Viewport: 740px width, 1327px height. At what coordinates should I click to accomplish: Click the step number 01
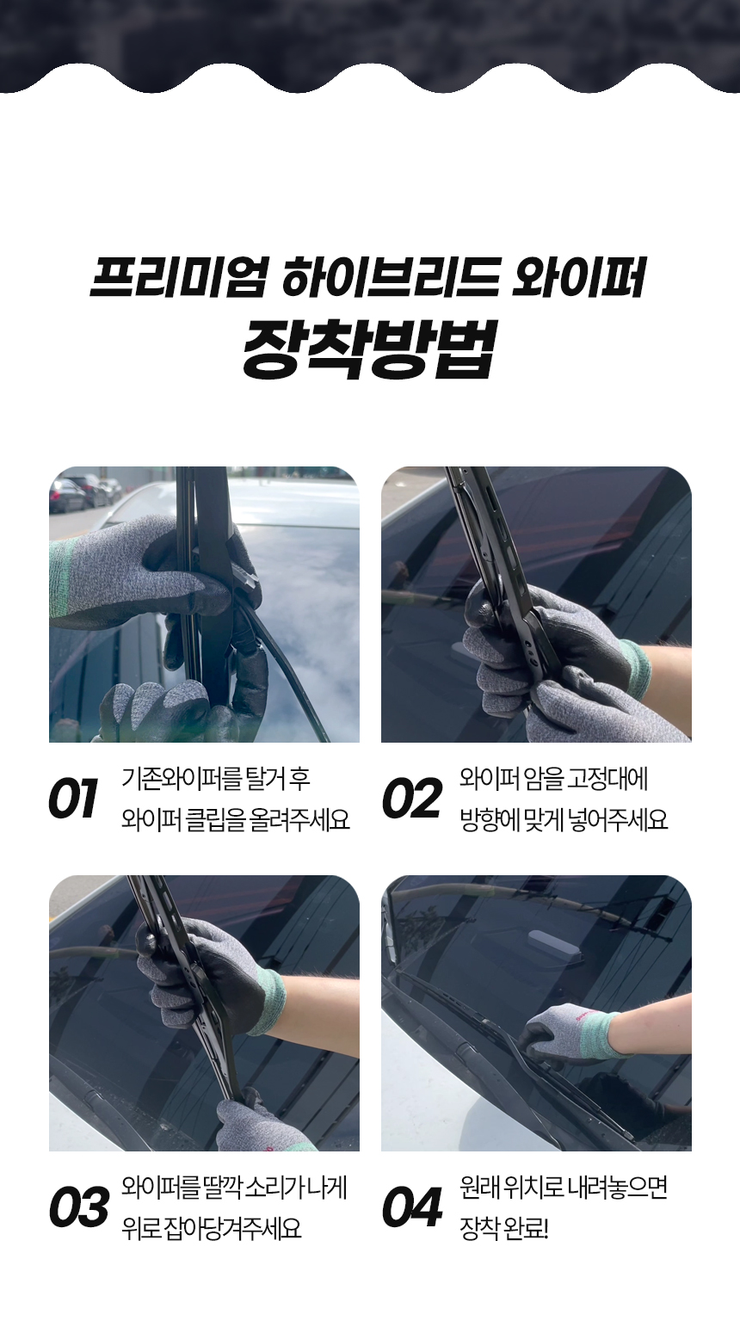(73, 799)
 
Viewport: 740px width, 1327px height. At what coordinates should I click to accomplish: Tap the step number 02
(412, 799)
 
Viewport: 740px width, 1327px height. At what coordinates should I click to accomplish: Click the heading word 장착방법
(368, 349)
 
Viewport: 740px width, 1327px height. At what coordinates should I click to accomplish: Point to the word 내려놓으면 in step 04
(617, 1188)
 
